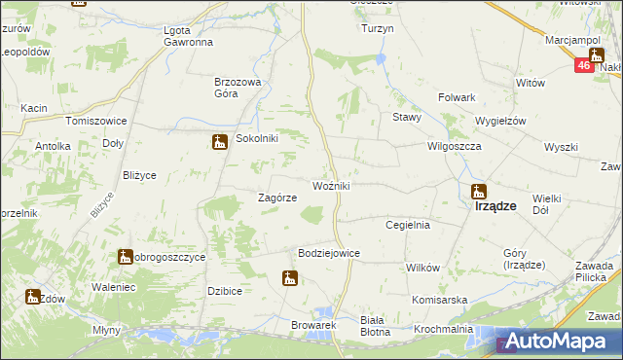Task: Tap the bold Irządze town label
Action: pos(495,206)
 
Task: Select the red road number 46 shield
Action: pos(583,65)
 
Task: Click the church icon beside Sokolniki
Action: pos(220,142)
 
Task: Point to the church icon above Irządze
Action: pos(478,191)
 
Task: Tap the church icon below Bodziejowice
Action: pos(289,280)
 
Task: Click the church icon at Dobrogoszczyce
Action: pos(126,257)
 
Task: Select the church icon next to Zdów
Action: pos(33,298)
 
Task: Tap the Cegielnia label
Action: pos(408,225)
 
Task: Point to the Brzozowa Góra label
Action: pos(239,89)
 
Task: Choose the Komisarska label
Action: pos(440,300)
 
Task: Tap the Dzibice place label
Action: pos(224,291)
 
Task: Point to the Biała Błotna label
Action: pos(374,325)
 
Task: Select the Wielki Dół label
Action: pos(548,202)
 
